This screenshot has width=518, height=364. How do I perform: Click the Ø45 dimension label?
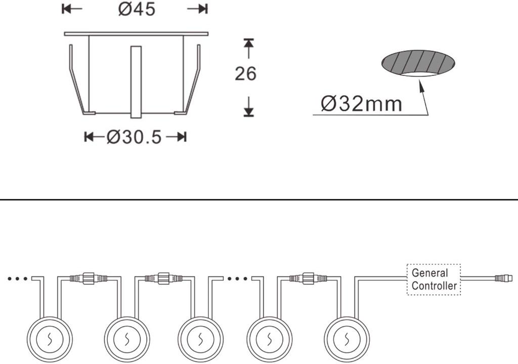pos(137,10)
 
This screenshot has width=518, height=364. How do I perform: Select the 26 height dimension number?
pos(245,74)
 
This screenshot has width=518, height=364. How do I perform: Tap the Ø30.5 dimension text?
pos(135,137)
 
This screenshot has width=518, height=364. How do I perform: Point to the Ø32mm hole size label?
pos(362,104)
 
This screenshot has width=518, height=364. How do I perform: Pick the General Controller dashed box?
pos(434,279)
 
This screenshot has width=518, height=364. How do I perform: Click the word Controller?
pos(434,286)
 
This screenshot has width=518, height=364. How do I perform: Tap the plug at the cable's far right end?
pos(503,278)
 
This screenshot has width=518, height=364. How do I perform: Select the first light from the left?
pos(49,339)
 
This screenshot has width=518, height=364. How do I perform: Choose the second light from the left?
pos(127,339)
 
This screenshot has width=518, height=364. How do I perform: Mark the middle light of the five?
pos(201,339)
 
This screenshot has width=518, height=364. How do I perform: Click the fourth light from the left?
pos(270,339)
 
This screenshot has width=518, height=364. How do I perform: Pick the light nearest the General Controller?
pos(347,339)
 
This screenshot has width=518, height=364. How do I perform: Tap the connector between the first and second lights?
pos(88,278)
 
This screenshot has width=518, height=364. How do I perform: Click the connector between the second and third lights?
pos(163,278)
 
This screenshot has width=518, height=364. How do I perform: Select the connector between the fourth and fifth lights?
pos(308,278)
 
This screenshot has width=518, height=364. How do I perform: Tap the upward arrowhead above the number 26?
pos(248,43)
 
